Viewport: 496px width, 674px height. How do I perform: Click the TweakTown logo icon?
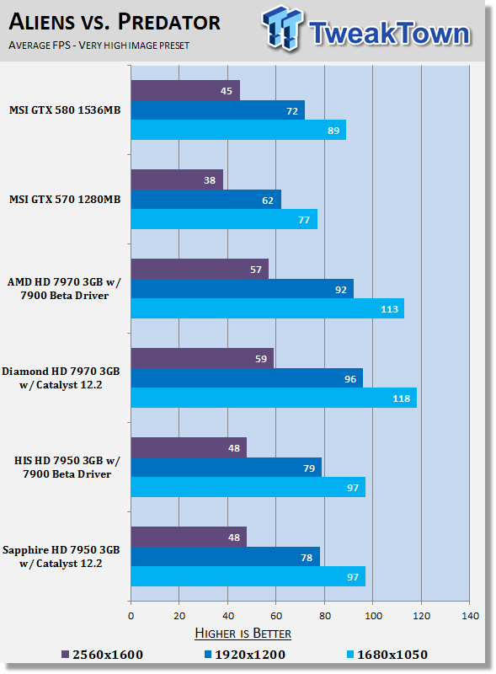coord(282,28)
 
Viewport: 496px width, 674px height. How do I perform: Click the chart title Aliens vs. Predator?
coord(115,22)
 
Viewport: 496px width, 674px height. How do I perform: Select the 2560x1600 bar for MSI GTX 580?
coord(185,90)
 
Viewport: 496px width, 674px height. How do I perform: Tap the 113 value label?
coord(389,309)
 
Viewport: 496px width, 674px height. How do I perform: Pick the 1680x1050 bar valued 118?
coord(274,398)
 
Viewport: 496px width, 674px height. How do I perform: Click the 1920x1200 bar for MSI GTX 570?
coord(205,200)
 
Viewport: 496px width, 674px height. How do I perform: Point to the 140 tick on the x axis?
coord(470,616)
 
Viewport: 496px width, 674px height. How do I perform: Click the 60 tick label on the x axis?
coord(276,616)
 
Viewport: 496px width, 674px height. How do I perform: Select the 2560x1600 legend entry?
coord(102,655)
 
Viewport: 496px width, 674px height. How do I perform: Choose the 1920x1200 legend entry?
coord(245,655)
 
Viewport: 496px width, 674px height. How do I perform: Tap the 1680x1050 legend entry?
coord(387,655)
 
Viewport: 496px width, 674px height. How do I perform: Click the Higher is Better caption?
coord(243,634)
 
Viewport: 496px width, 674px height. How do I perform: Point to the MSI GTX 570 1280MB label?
coord(65,200)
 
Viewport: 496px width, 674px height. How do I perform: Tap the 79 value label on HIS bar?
coord(309,468)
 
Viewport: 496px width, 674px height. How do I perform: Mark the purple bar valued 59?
coord(202,358)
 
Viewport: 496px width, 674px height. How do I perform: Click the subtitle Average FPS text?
coord(99,45)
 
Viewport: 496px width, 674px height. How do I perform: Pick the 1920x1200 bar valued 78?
coord(225,557)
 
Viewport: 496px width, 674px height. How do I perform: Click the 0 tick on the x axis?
coord(131,616)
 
